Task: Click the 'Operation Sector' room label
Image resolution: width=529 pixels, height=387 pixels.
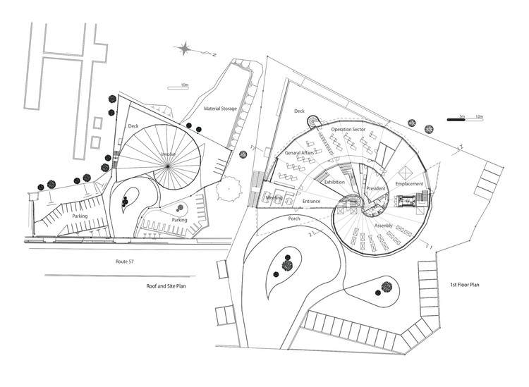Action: pos(349,131)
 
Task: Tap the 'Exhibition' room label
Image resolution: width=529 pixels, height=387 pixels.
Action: pos(336,182)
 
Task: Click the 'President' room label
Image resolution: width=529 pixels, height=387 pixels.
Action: pos(376,188)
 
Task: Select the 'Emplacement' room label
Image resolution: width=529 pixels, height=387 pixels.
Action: pos(410,183)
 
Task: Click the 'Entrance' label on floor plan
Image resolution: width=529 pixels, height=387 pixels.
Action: pos(312,202)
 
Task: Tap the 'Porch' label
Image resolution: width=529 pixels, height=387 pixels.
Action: pos(295,219)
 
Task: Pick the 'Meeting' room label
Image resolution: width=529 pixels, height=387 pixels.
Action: pos(275,198)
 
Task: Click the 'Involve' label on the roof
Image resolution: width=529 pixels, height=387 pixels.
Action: pos(167,154)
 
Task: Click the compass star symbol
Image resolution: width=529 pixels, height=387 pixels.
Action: pos(185,49)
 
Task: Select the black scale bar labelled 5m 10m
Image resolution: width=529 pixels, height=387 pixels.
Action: pos(463,121)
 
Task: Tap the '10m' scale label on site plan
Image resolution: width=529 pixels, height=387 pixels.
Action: pos(184,85)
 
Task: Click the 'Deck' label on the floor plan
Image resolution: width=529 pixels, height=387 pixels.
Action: pos(299,111)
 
